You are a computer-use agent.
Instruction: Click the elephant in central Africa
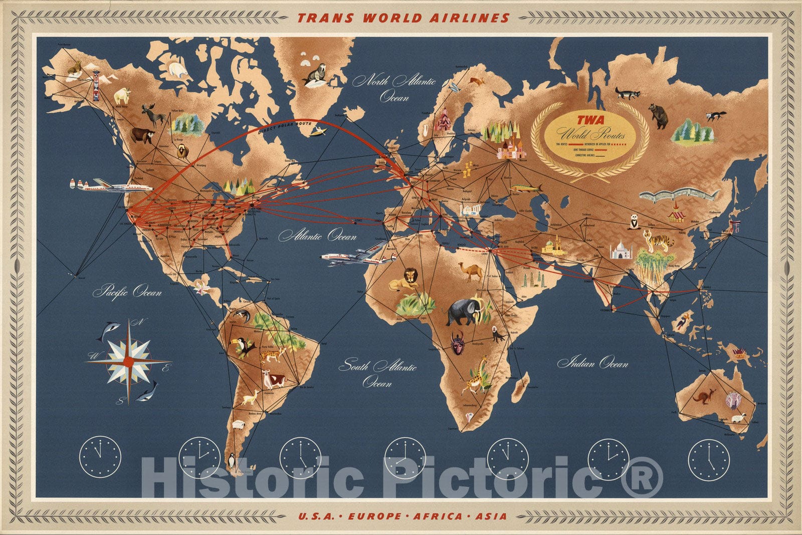click(x=464, y=312)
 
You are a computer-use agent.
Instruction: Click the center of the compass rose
click(x=129, y=361)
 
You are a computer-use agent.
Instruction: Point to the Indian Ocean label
click(x=592, y=363)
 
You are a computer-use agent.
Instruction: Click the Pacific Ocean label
click(x=127, y=291)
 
